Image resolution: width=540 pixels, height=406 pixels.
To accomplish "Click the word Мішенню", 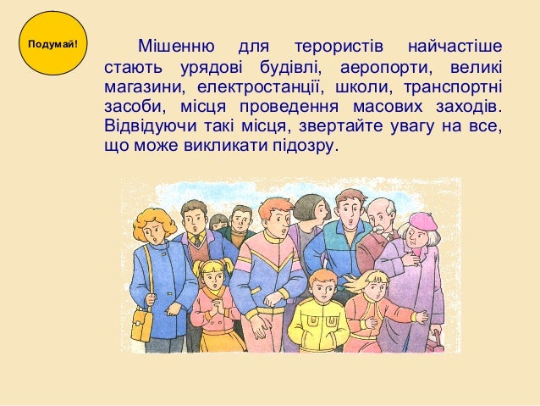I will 173,44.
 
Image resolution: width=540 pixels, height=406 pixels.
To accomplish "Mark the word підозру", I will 306,147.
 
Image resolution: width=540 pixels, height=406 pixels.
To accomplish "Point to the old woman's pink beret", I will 422,221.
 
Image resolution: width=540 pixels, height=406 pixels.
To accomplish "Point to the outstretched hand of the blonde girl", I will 420,317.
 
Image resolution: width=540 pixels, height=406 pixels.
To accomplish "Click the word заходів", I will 469,108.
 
